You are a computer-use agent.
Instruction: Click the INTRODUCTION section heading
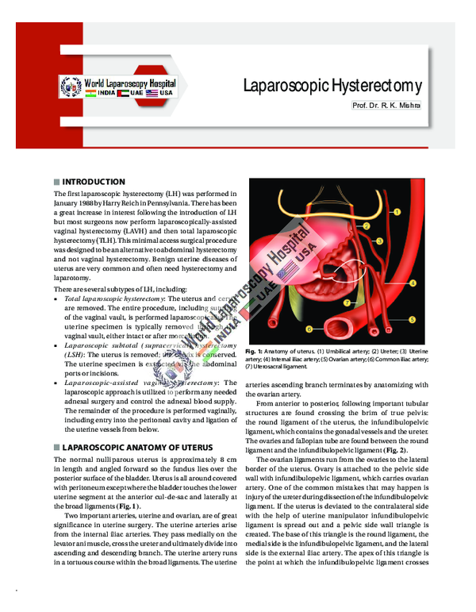(x=94, y=182)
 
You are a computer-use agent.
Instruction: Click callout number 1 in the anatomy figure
(x=397, y=211)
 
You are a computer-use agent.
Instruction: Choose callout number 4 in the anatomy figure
(x=413, y=283)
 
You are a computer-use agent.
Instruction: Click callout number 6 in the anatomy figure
(x=309, y=327)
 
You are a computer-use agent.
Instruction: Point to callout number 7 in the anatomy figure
(x=347, y=302)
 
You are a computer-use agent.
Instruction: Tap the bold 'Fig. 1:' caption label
(x=255, y=352)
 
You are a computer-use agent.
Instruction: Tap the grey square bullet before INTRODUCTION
(x=56, y=182)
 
